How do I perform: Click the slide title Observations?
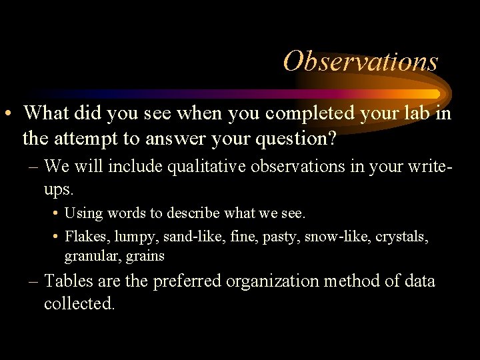361,61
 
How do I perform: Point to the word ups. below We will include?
58,189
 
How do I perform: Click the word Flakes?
87,236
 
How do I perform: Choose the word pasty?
279,237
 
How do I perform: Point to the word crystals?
404,236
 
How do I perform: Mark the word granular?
89,257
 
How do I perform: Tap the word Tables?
71,281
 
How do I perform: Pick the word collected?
79,304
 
